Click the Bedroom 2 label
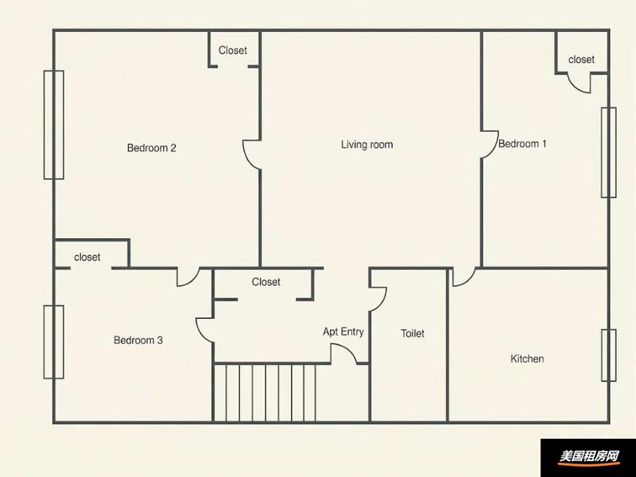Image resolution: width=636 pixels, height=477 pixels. pyautogui.click(x=152, y=148)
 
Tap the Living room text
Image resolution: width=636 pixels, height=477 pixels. pyautogui.click(x=366, y=145)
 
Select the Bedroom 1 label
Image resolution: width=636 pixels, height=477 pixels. pyautogui.click(x=522, y=144)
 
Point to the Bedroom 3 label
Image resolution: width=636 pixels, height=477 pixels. pyautogui.click(x=138, y=340)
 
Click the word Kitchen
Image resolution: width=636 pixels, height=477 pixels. pyautogui.click(x=527, y=359)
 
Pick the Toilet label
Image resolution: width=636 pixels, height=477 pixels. pyautogui.click(x=413, y=333)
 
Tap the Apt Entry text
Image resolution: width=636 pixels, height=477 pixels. pyautogui.click(x=343, y=332)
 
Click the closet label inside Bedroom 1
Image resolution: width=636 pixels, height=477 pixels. pyautogui.click(x=581, y=60)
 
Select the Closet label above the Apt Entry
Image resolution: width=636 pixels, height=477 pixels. pyautogui.click(x=266, y=282)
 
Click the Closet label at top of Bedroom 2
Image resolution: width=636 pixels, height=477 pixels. pyautogui.click(x=232, y=50)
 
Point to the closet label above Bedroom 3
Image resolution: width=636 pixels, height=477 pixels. pyautogui.click(x=87, y=257)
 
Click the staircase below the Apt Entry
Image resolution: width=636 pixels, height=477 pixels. pyautogui.click(x=265, y=393)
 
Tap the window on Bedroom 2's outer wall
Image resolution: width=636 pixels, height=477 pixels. pyautogui.click(x=54, y=125)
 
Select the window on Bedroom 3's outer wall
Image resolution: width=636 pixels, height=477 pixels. pyautogui.click(x=54, y=342)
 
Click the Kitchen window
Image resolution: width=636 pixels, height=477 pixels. pyautogui.click(x=608, y=355)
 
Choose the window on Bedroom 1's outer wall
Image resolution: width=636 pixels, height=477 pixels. pyautogui.click(x=608, y=153)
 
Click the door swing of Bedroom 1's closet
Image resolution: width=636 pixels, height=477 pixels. pyautogui.click(x=575, y=88)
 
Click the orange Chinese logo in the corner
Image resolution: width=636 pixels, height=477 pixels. pyautogui.click(x=589, y=456)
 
